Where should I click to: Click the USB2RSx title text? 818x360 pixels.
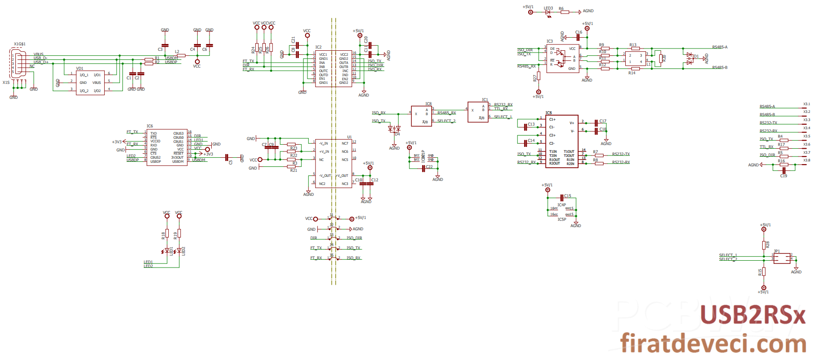[753, 315]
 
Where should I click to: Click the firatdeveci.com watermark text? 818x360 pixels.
[713, 343]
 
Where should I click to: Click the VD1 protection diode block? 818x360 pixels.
[91, 83]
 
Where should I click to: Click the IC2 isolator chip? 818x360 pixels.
[333, 68]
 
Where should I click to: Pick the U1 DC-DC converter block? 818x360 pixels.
[333, 163]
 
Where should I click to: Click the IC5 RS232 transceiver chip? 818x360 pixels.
[562, 141]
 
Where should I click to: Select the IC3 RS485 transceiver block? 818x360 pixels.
[563, 58]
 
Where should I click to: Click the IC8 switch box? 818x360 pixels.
[421, 116]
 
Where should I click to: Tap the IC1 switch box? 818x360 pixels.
[478, 112]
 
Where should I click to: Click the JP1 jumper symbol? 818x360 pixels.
[782, 258]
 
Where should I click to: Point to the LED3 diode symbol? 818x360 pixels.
[548, 12]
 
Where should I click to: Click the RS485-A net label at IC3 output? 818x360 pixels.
[719, 47]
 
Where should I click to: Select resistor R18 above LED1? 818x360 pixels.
[167, 234]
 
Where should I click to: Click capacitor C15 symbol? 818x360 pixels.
[562, 197]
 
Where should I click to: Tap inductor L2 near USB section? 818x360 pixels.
[180, 55]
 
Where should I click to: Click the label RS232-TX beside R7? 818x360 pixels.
[620, 154]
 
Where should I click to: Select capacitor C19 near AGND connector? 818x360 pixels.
[784, 170]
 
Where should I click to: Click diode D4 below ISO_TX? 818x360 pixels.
[394, 129]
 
